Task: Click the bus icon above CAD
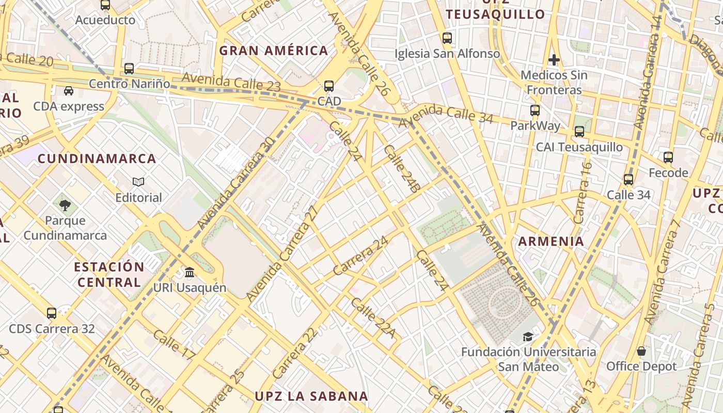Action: coord(329,86)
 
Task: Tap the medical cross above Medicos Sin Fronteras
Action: coord(554,60)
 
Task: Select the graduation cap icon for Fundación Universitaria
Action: coord(528,337)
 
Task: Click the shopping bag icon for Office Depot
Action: coord(641,351)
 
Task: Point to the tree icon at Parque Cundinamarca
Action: coord(65,205)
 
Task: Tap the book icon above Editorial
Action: coord(138,182)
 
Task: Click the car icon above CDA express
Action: coord(69,91)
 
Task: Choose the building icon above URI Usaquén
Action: coord(190,273)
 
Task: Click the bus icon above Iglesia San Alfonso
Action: coord(447,38)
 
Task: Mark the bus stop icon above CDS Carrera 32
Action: coord(52,313)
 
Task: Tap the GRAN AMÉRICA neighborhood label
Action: coord(274,51)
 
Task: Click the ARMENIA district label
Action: coord(551,241)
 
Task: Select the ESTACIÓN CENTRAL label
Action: coord(109,275)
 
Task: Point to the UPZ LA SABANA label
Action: coord(311,396)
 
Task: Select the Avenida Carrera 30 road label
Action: coord(235,184)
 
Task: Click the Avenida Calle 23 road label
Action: coord(231,83)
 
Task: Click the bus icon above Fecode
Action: coord(668,157)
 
